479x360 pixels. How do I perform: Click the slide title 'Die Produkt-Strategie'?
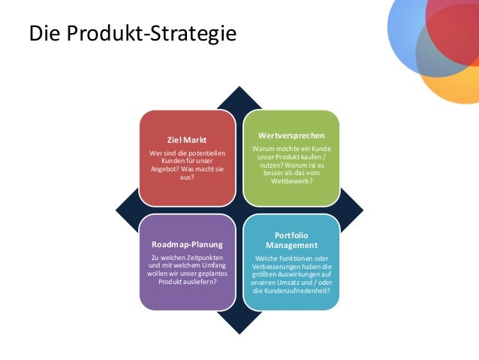[131, 34]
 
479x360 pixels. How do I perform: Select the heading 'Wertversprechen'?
[291, 135]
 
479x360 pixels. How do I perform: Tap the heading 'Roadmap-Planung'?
[187, 245]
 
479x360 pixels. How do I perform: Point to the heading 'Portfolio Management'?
[291, 241]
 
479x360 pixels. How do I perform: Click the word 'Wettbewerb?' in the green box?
[291, 182]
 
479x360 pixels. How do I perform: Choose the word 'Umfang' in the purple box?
[213, 266]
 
